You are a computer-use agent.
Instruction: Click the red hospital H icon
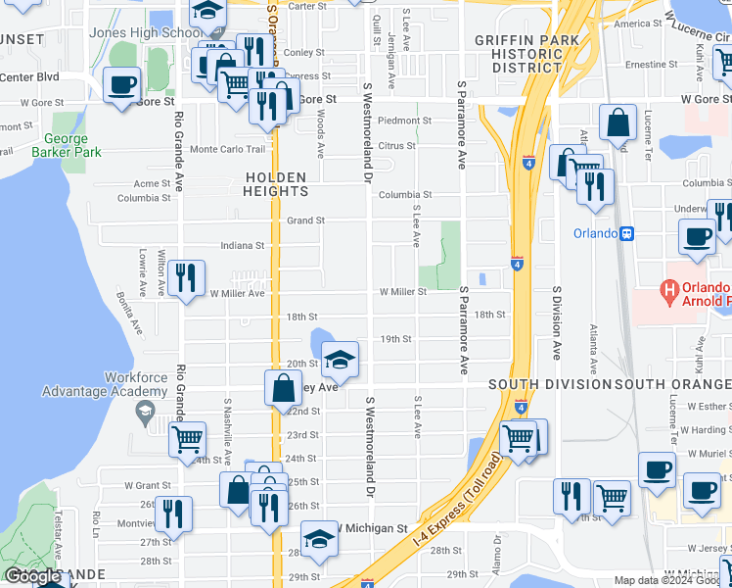click(x=670, y=291)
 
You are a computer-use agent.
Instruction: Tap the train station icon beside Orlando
click(x=627, y=233)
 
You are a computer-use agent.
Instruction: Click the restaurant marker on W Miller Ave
click(x=186, y=277)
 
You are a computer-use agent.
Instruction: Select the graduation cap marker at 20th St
click(x=340, y=361)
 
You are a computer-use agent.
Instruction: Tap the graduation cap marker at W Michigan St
click(x=319, y=538)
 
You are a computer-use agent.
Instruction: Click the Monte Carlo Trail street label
click(x=227, y=149)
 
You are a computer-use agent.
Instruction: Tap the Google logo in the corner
click(x=32, y=576)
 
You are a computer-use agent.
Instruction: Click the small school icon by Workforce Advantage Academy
click(x=145, y=410)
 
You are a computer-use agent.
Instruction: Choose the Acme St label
click(x=152, y=183)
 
